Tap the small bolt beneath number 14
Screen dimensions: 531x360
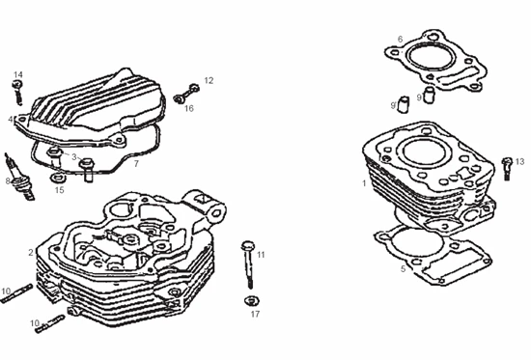(x=18, y=92)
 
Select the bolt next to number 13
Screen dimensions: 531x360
(x=507, y=168)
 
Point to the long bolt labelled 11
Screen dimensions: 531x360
(x=249, y=264)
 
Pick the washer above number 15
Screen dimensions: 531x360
(x=58, y=178)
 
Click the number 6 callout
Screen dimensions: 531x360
(x=400, y=40)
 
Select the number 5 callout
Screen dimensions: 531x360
(x=403, y=269)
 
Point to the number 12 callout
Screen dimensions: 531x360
(x=209, y=80)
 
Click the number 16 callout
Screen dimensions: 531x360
(x=189, y=108)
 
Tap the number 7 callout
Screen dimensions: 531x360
(x=136, y=163)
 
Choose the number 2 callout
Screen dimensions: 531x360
(x=31, y=252)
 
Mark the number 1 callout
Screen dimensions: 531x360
(x=364, y=183)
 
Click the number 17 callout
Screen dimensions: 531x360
(x=255, y=314)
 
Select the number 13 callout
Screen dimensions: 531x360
(x=519, y=162)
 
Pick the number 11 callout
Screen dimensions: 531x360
(x=261, y=255)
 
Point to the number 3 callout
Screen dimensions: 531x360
(x=74, y=157)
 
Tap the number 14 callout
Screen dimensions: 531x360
(x=18, y=74)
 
